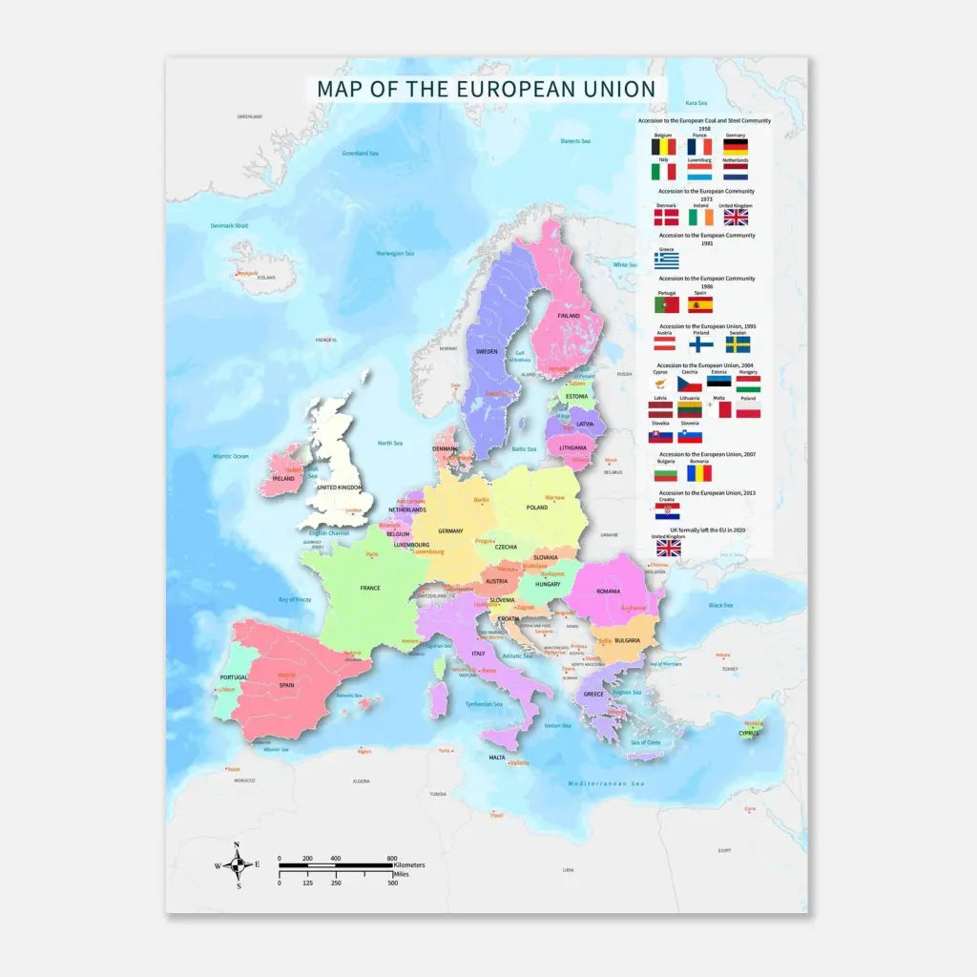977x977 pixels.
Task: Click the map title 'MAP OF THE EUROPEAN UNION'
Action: [486, 89]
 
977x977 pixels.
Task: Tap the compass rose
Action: [237, 864]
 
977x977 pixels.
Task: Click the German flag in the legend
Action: [735, 148]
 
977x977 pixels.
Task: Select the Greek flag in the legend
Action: [667, 260]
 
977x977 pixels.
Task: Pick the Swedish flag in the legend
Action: [737, 344]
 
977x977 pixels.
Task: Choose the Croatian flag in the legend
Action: [667, 511]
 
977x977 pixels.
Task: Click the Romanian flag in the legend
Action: [699, 472]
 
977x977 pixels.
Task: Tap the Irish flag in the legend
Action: [700, 218]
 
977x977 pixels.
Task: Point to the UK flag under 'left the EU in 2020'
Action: [668, 549]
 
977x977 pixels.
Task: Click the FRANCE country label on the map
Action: [370, 589]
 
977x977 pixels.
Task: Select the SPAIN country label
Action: [286, 684]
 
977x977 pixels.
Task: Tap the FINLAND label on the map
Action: [569, 315]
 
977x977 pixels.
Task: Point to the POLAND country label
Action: [536, 508]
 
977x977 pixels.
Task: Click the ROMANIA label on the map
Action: [609, 592]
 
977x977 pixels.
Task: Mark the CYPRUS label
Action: [749, 734]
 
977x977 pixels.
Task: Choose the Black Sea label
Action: [720, 605]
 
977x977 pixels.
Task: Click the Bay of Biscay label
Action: [295, 599]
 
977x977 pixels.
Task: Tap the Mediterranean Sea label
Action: [606, 783]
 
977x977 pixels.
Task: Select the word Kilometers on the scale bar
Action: [409, 864]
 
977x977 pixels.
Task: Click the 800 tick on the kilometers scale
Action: [392, 859]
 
